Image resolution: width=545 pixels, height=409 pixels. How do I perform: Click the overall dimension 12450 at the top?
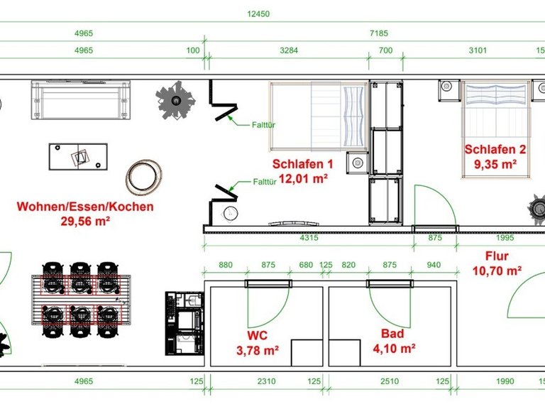click(258, 14)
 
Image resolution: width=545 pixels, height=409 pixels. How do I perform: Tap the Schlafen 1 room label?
click(302, 164)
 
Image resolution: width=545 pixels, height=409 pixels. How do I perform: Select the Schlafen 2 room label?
click(495, 149)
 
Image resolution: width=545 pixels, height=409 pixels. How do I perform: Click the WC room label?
click(257, 335)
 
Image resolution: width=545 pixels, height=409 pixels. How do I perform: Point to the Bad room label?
click(392, 334)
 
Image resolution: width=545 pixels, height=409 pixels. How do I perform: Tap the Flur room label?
click(497, 256)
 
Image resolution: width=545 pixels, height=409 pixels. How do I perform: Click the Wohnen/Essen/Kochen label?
click(85, 206)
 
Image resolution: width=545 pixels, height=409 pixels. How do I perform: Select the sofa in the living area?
click(81, 100)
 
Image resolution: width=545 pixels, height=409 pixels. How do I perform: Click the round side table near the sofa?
click(143, 177)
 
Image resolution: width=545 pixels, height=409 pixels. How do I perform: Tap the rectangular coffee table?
click(78, 156)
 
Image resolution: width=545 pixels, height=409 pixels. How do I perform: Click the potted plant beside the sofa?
click(176, 100)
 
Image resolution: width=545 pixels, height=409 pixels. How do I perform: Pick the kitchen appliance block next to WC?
click(185, 324)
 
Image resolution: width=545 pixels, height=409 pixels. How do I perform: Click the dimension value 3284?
click(289, 50)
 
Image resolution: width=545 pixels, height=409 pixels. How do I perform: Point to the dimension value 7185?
click(379, 33)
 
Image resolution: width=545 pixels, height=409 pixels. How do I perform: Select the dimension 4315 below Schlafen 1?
click(309, 238)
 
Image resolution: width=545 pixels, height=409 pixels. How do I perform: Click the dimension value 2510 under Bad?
click(390, 381)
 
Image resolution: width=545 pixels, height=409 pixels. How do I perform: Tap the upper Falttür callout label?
click(263, 125)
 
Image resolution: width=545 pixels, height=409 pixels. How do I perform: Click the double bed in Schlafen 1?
click(319, 116)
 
